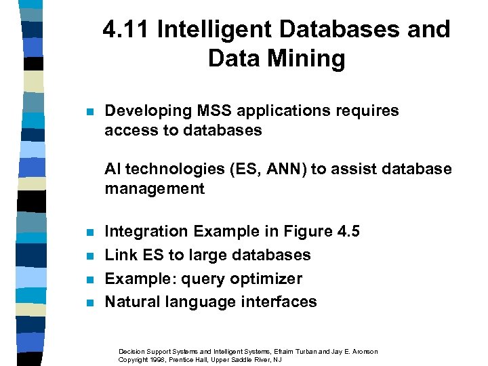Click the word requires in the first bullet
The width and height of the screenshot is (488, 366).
(367, 110)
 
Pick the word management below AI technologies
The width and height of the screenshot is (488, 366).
(154, 188)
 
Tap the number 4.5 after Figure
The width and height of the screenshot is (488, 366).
(348, 232)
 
